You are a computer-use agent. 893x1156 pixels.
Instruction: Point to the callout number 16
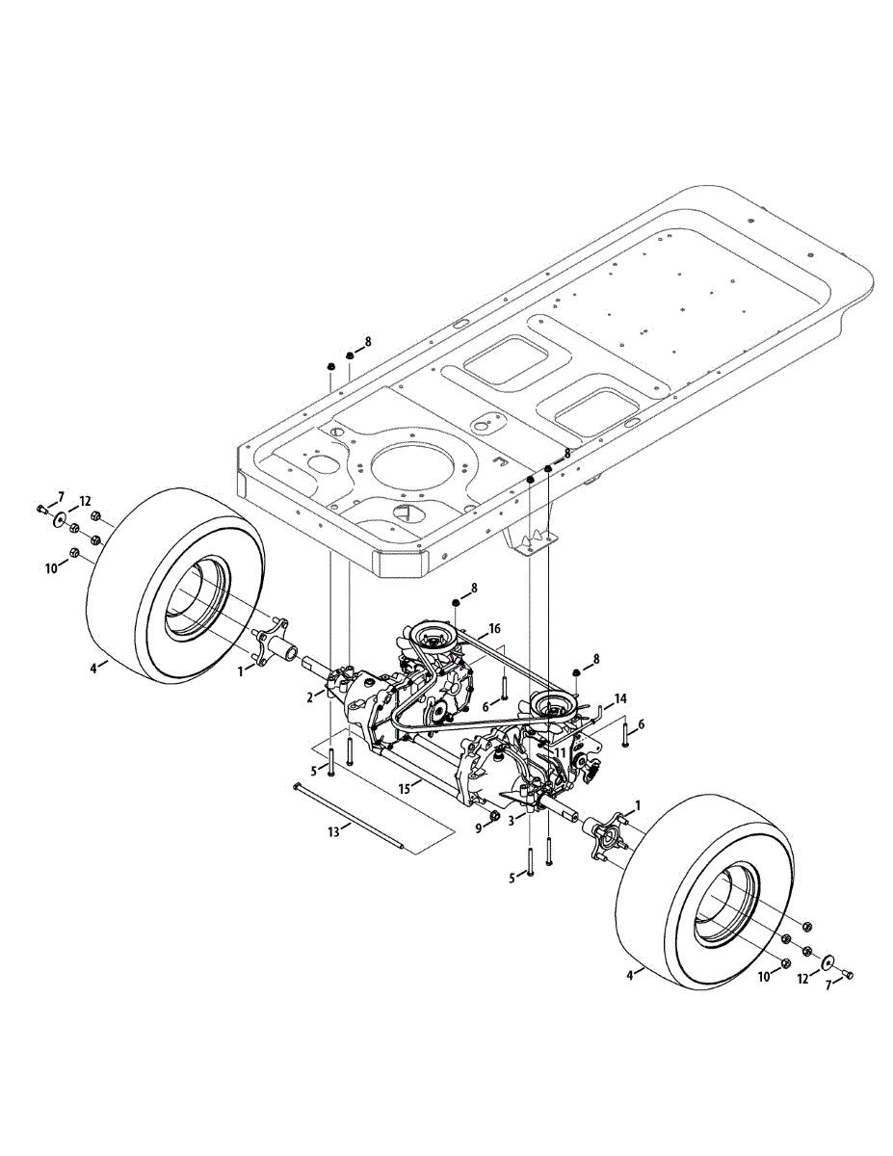494,628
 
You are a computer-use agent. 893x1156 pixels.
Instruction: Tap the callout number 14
620,697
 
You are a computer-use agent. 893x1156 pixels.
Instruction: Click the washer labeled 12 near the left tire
61,520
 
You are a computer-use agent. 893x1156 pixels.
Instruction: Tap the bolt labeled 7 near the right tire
850,975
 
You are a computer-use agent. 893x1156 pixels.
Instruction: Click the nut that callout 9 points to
493,817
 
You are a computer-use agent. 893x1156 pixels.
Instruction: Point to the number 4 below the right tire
630,975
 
